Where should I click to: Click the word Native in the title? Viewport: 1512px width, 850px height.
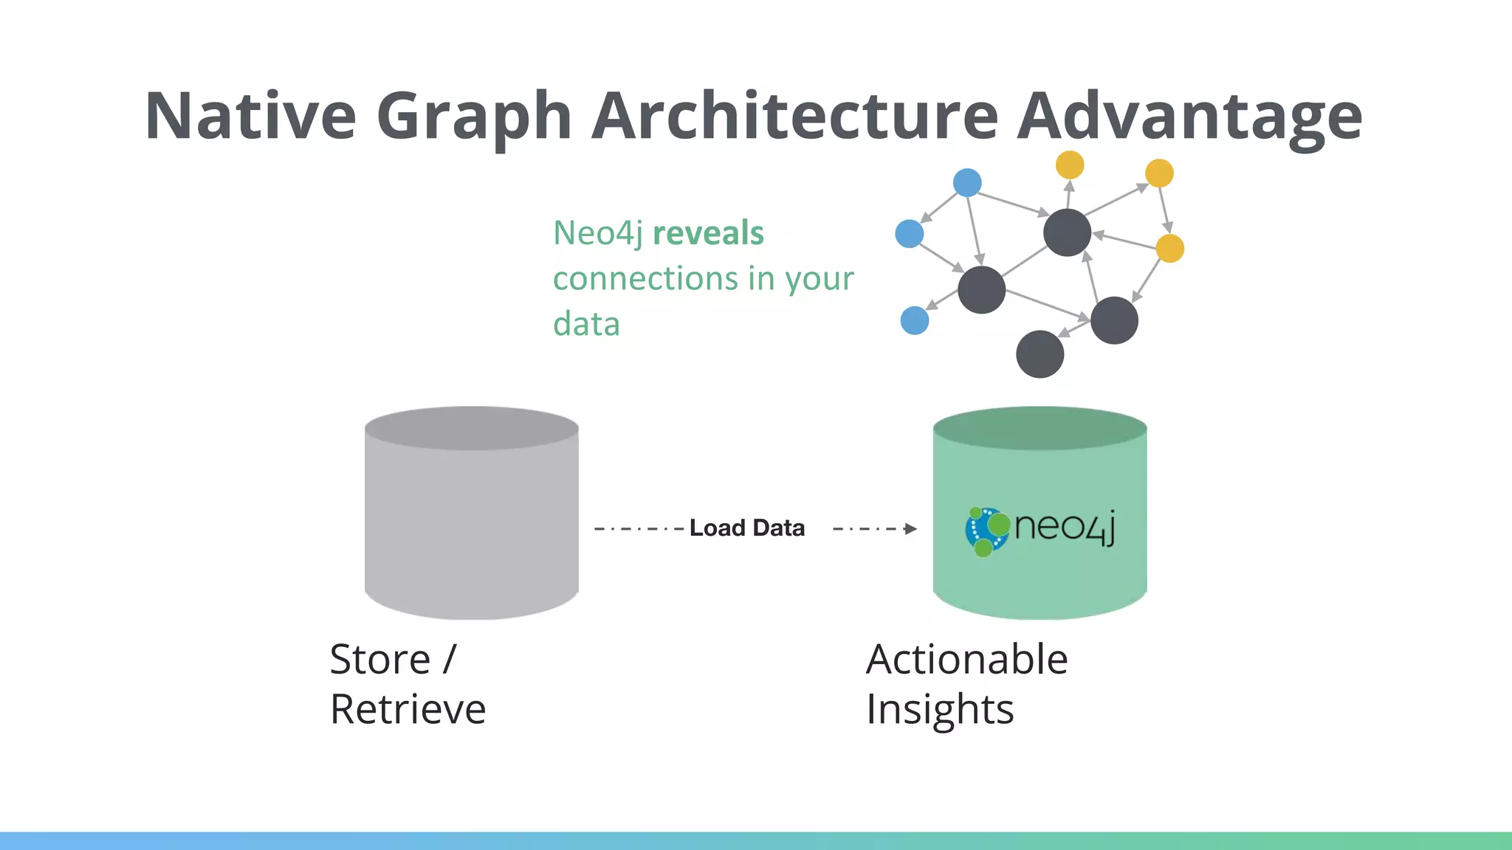tap(250, 116)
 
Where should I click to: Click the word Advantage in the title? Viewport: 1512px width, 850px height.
tap(1189, 116)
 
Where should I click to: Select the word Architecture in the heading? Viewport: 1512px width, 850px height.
tap(794, 116)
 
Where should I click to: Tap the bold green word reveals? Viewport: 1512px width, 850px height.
tap(708, 233)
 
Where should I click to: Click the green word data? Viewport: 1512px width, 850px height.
tap(586, 324)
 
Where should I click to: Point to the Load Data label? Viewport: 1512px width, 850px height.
tap(746, 528)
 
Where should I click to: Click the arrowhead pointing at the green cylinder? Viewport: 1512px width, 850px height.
tap(911, 528)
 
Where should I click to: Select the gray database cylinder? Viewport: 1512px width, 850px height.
tap(472, 516)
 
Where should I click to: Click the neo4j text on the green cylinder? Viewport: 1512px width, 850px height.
tap(1064, 527)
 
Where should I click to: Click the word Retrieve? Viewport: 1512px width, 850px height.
tap(408, 709)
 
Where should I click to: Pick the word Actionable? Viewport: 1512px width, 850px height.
tap(966, 659)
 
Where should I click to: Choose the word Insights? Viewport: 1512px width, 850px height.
tap(940, 709)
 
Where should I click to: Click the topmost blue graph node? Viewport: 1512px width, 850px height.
tap(967, 182)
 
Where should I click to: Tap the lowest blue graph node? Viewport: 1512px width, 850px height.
tap(915, 321)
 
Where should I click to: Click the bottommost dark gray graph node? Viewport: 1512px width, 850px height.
tap(1039, 354)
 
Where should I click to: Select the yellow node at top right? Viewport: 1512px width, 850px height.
tap(1159, 173)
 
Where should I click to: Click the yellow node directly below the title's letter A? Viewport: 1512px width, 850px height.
tap(1070, 165)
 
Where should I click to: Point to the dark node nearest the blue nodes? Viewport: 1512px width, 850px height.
tap(981, 290)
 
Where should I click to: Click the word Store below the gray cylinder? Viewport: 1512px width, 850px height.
tap(379, 659)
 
